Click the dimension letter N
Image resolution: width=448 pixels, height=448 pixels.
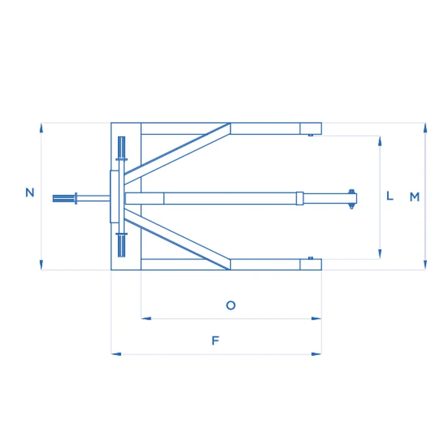[30, 192]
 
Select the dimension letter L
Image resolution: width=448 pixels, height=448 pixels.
[389, 196]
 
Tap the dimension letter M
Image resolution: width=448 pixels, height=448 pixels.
[415, 197]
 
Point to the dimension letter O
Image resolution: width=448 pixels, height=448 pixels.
[231, 305]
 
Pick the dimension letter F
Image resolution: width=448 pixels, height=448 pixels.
[215, 340]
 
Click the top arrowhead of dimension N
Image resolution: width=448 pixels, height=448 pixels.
[41, 128]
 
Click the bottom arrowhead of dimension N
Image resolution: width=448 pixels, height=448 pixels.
[41, 265]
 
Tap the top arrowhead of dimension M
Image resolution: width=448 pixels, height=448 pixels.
[425, 128]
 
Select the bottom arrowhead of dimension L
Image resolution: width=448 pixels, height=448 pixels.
[380, 254]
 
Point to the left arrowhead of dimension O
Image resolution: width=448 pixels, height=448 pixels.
[146, 318]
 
